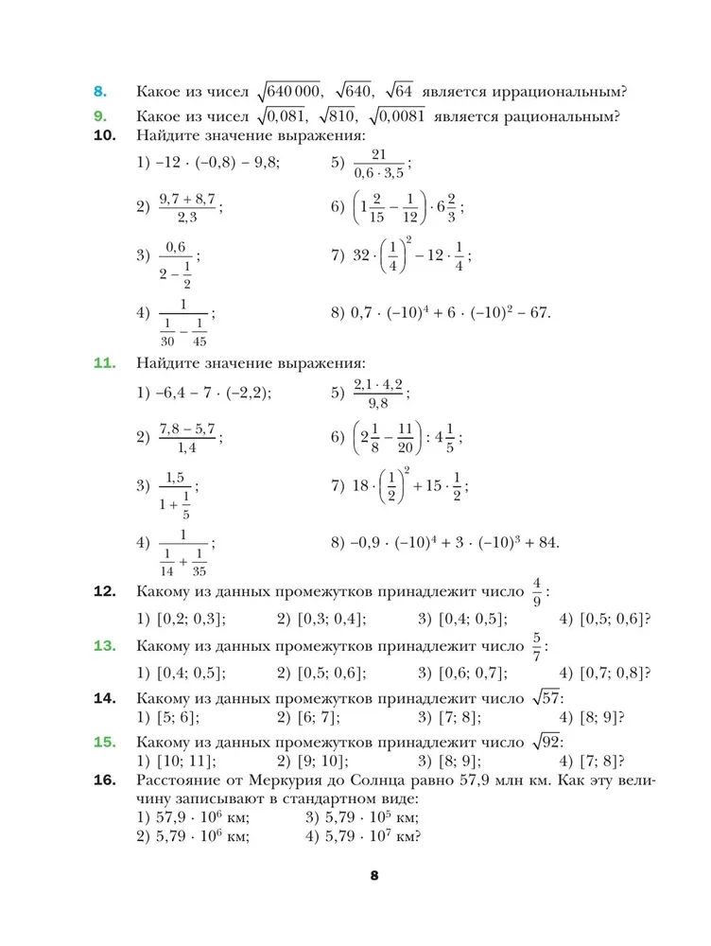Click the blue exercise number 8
click(100, 92)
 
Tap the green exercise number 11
click(104, 363)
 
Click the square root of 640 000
click(290, 91)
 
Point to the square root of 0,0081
click(398, 116)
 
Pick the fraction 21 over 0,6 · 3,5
click(378, 163)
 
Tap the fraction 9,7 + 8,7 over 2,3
click(188, 208)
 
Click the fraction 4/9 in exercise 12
click(537, 591)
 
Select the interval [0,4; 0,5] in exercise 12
click(471, 620)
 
